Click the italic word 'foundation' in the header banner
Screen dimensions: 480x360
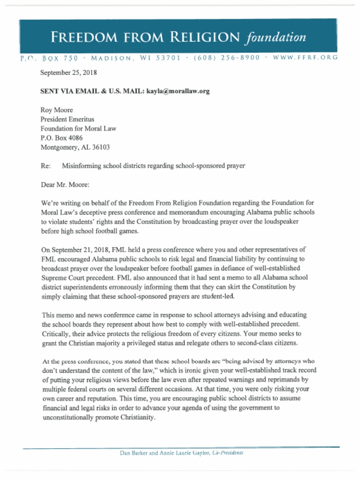275,37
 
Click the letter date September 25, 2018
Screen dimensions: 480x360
68,73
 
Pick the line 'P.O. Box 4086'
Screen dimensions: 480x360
61,138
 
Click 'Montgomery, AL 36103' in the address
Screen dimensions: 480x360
75,147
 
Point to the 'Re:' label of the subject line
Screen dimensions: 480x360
45,165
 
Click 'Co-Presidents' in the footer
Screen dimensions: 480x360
228,453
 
